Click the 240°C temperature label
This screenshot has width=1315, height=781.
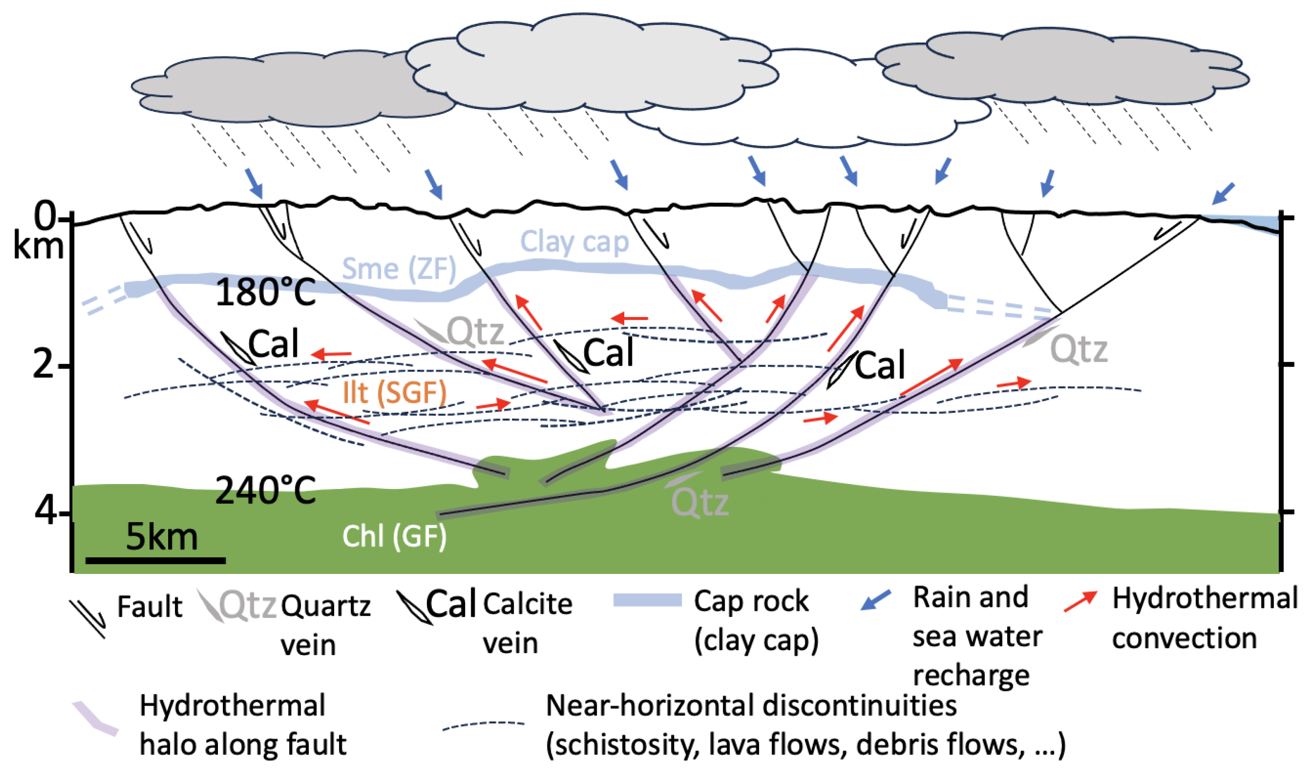265,491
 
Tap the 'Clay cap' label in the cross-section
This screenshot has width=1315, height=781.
574,242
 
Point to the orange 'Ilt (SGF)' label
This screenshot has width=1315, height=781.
394,393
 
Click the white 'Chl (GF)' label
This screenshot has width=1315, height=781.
394,537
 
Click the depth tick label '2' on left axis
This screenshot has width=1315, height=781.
43,364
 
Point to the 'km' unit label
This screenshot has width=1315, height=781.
38,246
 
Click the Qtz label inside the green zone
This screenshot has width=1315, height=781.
700,503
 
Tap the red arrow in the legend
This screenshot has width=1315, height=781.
1080,602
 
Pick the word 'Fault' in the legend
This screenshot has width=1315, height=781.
149,607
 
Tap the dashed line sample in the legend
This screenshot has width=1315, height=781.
483,725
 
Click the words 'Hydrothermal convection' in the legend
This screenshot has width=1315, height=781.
1204,619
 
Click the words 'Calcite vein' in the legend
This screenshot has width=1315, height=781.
527,624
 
